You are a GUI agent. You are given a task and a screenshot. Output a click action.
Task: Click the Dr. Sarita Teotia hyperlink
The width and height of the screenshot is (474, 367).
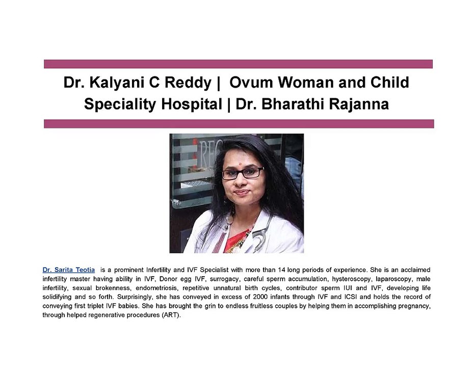pos(69,270)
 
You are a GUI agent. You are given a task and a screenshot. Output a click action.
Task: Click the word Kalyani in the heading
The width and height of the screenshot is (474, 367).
pos(120,83)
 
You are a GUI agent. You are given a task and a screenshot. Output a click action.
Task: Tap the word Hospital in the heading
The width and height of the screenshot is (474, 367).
pos(192,104)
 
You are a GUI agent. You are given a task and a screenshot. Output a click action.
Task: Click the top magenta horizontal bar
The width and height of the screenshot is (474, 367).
pos(238,64)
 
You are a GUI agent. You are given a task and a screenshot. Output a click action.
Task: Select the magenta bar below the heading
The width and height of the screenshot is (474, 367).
pos(239,124)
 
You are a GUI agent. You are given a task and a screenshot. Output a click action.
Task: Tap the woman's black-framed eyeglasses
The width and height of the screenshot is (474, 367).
pos(243,173)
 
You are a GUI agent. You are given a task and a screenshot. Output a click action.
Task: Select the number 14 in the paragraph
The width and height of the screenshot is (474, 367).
pos(281,270)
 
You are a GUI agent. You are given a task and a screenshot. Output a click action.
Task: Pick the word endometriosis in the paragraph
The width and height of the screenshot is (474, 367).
pos(156,288)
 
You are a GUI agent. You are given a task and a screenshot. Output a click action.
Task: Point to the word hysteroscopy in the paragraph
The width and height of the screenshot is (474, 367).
pos(351,279)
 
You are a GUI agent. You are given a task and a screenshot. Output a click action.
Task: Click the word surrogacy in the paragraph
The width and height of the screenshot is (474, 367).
pos(224,279)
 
